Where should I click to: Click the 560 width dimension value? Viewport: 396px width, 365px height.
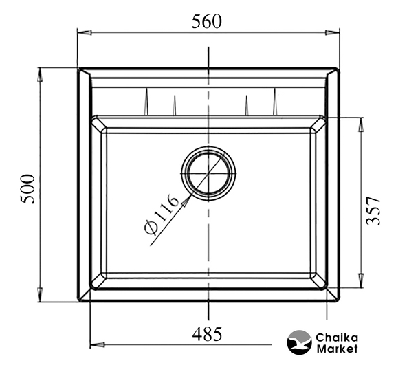click(x=206, y=22)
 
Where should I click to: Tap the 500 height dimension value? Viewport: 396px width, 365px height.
click(x=27, y=189)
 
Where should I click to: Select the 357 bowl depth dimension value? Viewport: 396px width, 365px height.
click(x=373, y=211)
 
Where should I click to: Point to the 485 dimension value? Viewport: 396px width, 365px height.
click(x=207, y=334)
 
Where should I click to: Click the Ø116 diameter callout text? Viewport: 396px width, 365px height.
click(x=162, y=215)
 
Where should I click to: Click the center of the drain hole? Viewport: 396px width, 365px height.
click(x=208, y=173)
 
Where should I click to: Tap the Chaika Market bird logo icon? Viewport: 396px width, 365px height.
click(x=300, y=342)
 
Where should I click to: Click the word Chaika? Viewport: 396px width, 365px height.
click(x=337, y=338)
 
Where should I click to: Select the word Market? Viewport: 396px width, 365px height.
click(x=337, y=349)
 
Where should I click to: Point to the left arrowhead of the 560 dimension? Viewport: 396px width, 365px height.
click(x=85, y=32)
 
